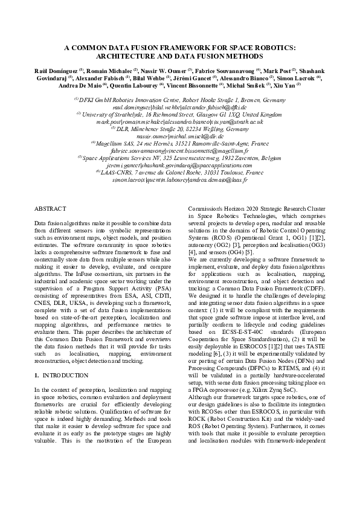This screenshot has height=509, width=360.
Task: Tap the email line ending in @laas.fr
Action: tap(179, 181)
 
